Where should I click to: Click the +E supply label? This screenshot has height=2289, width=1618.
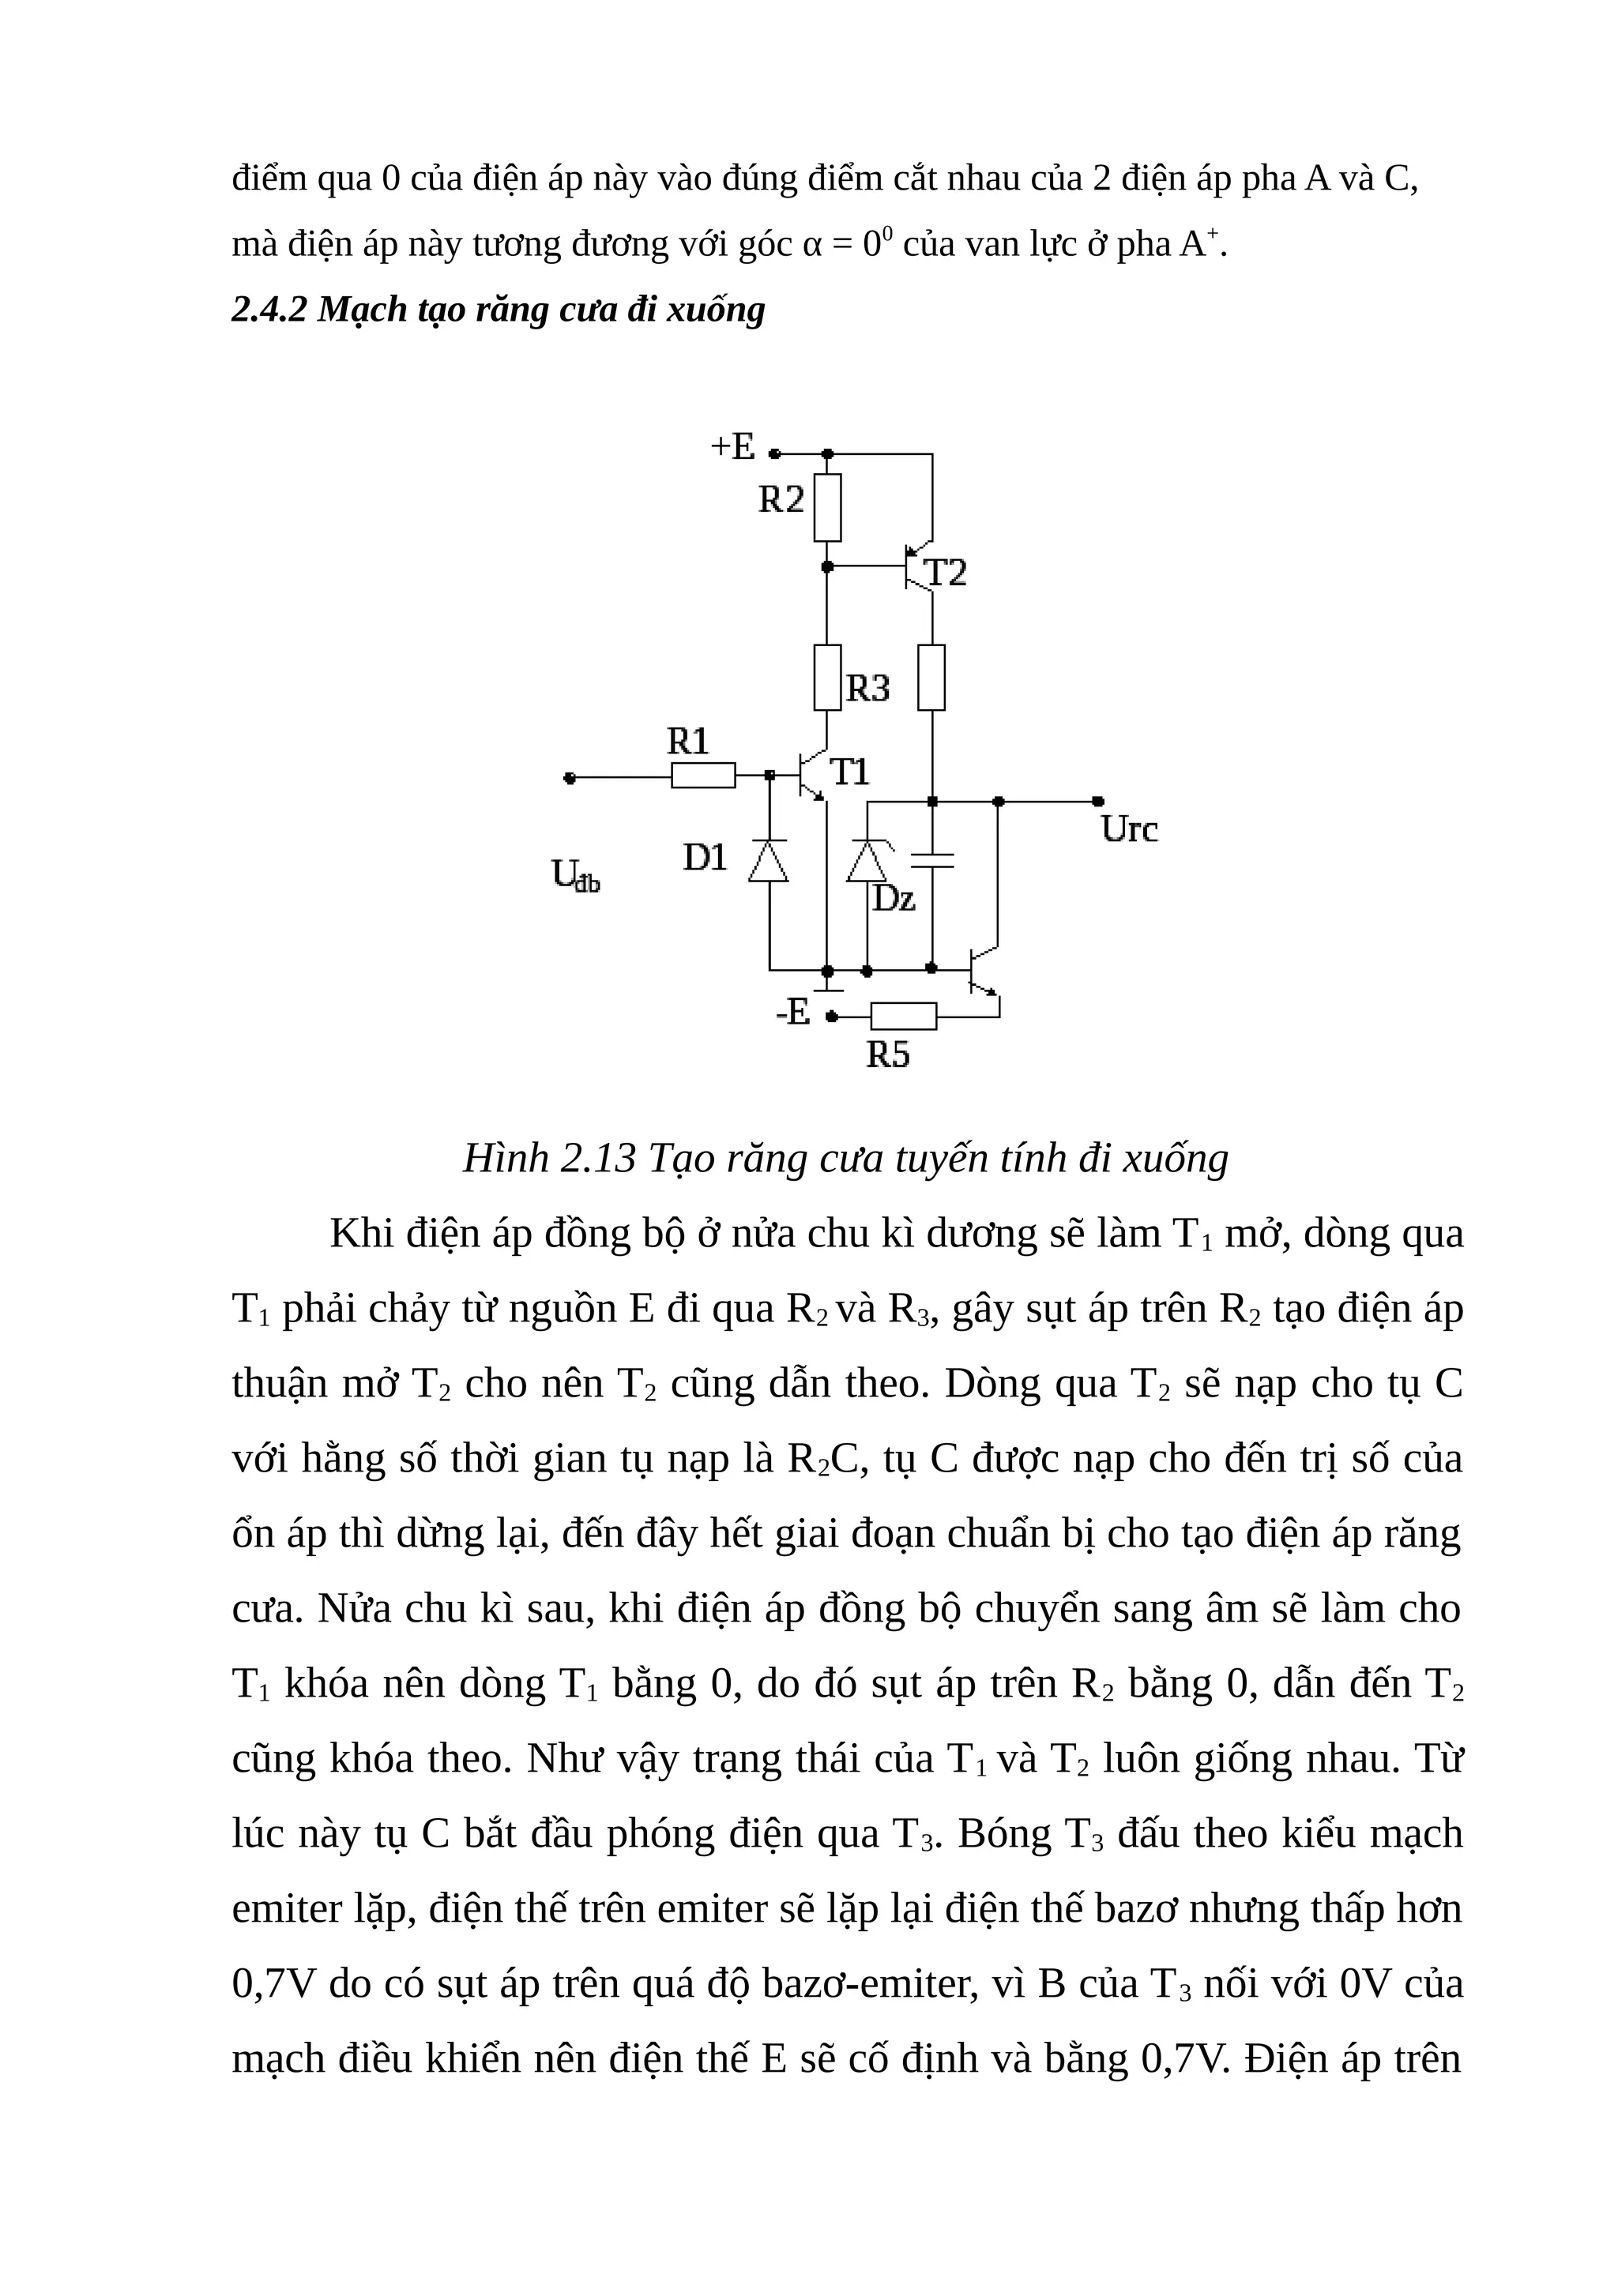[x=732, y=445]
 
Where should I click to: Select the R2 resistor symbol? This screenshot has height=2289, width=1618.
[x=826, y=507]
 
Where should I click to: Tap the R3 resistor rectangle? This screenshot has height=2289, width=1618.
[x=826, y=678]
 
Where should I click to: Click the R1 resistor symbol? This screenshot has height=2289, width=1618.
[x=703, y=775]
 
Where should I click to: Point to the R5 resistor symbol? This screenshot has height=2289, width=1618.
[x=903, y=1016]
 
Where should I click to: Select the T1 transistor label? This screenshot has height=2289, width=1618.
[x=849, y=772]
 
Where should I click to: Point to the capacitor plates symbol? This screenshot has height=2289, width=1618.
[x=932, y=860]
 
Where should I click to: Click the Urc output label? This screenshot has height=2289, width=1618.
[x=1130, y=829]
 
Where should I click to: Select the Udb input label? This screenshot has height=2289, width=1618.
[x=575, y=875]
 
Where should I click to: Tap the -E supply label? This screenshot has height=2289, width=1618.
[x=792, y=1012]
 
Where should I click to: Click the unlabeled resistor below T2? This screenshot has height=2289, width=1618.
[x=931, y=678]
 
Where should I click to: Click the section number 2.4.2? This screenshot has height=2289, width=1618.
[x=269, y=310]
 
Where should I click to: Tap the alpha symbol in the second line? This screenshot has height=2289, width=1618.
[x=811, y=245]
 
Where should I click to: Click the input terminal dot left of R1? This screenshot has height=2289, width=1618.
[x=570, y=778]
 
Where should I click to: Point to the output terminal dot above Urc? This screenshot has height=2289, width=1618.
[x=1097, y=801]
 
